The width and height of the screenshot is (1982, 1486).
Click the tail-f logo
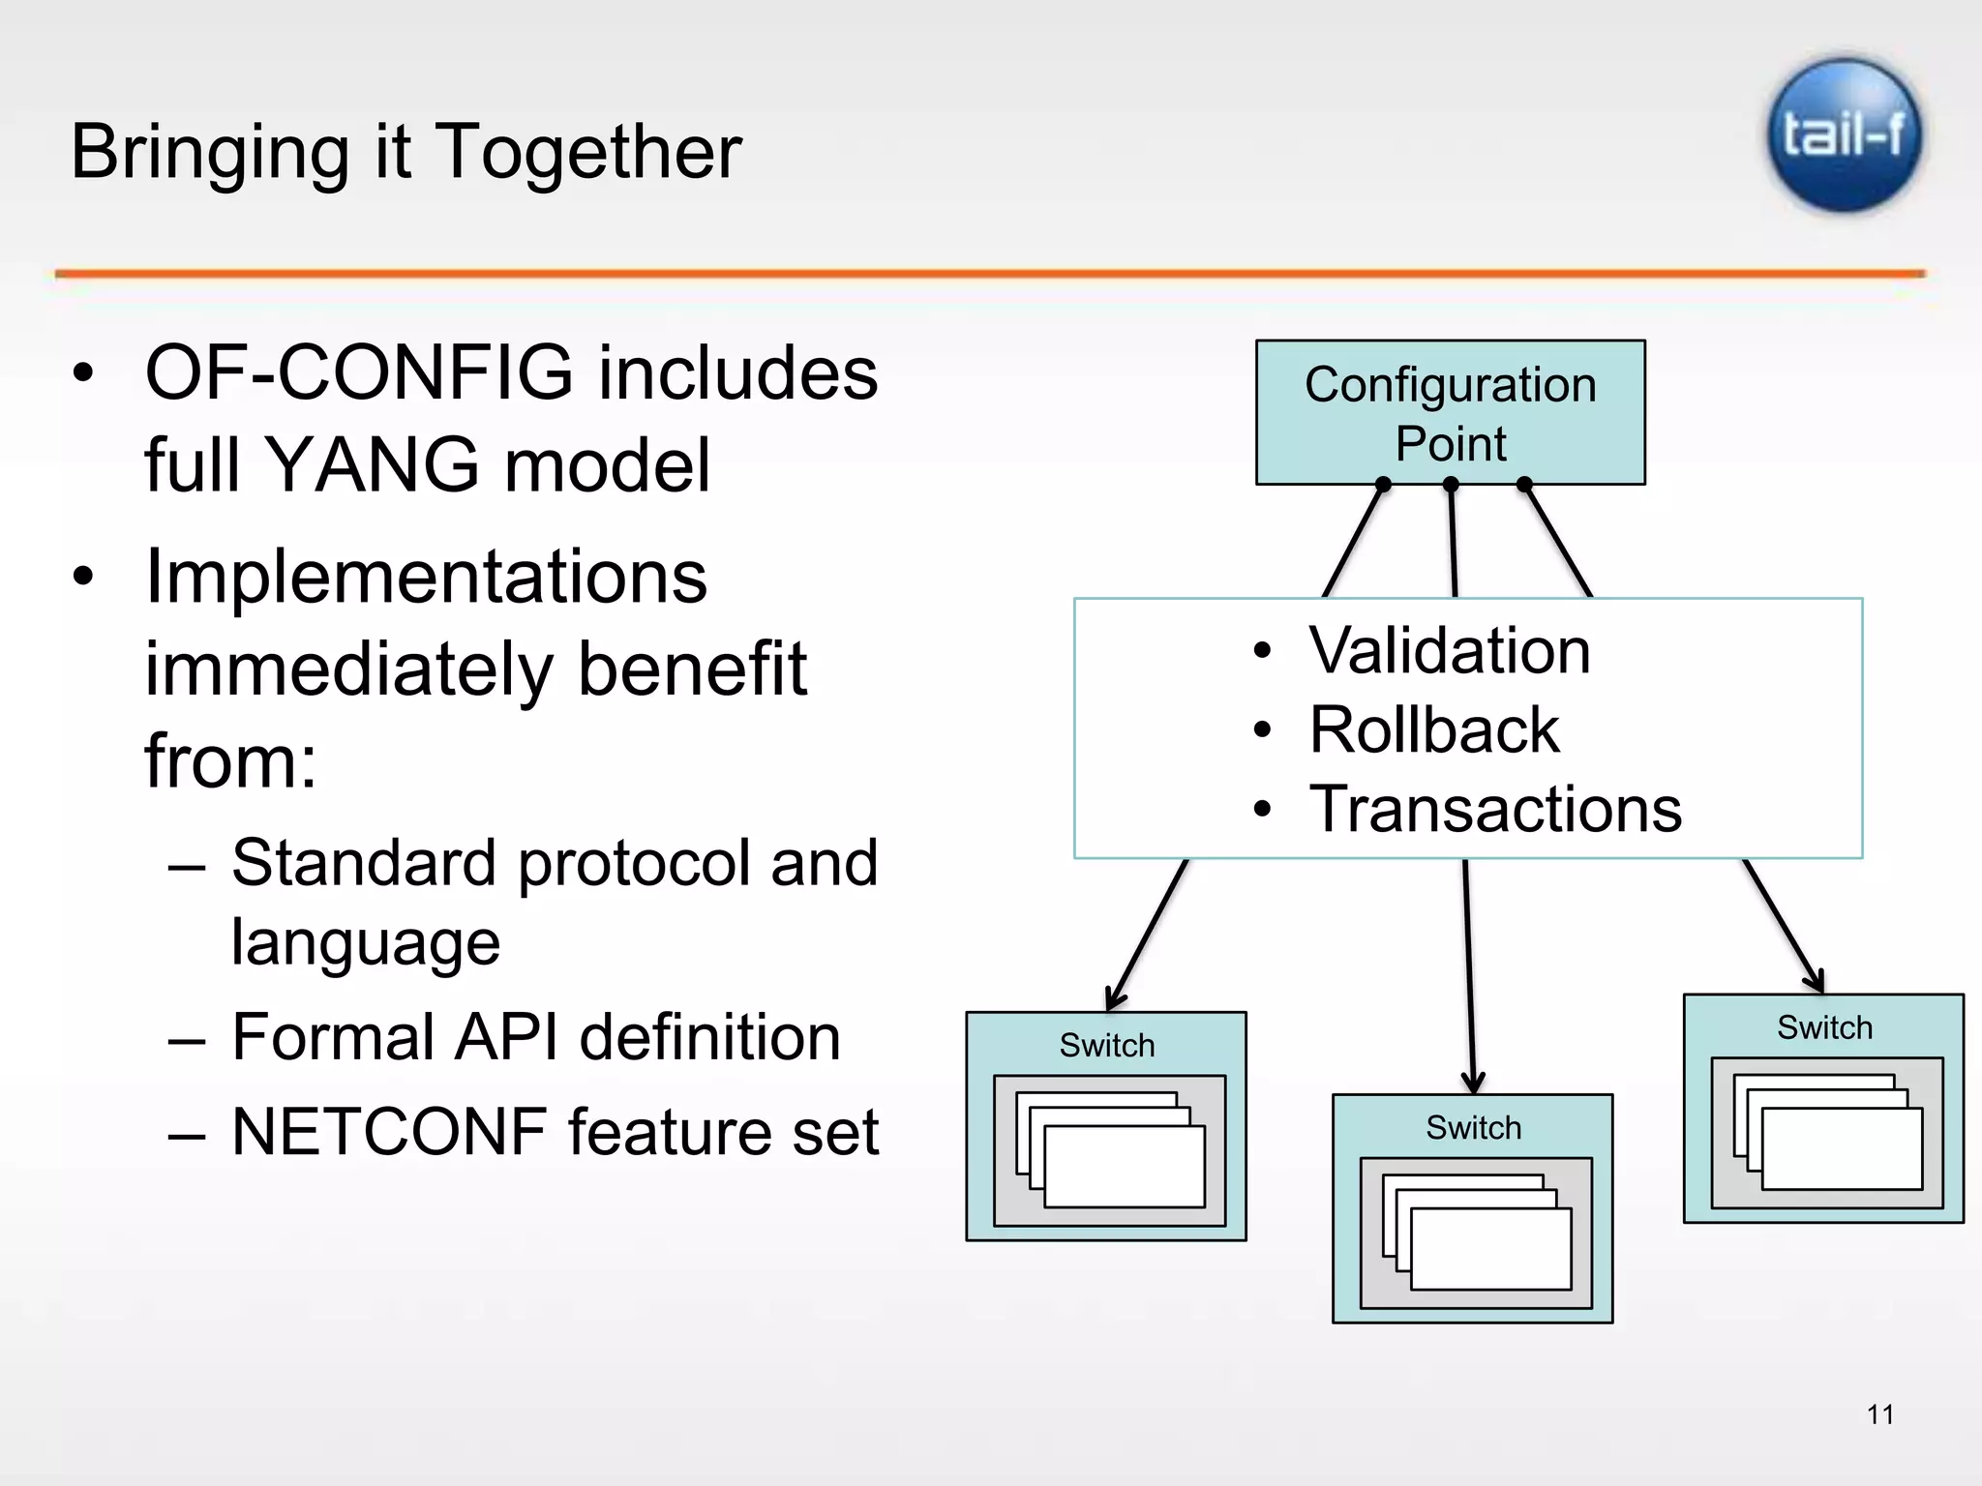pyautogui.click(x=1844, y=135)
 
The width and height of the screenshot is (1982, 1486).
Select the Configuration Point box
pyautogui.click(x=1450, y=412)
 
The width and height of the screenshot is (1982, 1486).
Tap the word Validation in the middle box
pyautogui.click(x=1449, y=650)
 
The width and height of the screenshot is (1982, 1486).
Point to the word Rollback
pyautogui.click(x=1433, y=729)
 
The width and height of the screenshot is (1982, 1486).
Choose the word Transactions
pyautogui.click(x=1494, y=809)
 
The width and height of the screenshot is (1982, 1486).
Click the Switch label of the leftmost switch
pyautogui.click(x=1106, y=1046)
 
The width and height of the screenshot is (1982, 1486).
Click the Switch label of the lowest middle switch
pyautogui.click(x=1473, y=1128)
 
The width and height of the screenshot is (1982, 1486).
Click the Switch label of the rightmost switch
pyautogui.click(x=1824, y=1027)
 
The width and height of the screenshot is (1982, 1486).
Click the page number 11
pyautogui.click(x=1879, y=1414)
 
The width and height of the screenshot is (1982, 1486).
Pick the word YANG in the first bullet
pyautogui.click(x=371, y=465)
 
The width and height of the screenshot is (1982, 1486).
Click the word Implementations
pyautogui.click(x=426, y=577)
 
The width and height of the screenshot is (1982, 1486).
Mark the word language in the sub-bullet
pyautogui.click(x=365, y=942)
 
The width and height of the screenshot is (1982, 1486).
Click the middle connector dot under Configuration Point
pyautogui.click(x=1451, y=485)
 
